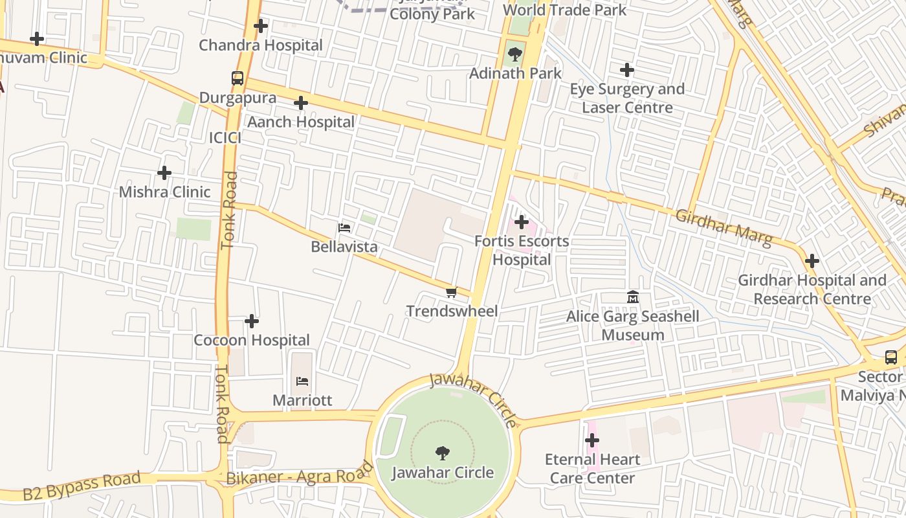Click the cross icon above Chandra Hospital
tap(261, 26)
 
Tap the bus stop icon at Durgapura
tap(238, 78)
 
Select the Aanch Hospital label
tap(301, 122)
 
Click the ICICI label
tap(225, 138)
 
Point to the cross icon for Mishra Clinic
tap(164, 173)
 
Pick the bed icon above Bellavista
tap(344, 228)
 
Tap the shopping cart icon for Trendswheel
tap(452, 293)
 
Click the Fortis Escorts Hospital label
tap(522, 251)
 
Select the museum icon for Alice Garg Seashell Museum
tap(633, 297)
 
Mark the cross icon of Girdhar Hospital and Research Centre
tap(812, 262)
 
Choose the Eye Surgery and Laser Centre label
tap(627, 98)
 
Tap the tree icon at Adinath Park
tap(514, 54)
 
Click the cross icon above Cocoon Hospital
tap(252, 321)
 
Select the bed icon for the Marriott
tap(302, 381)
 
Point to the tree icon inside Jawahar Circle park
tap(443, 453)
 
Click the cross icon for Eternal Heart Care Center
tap(592, 441)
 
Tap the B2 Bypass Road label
tap(82, 486)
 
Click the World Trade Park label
tap(564, 10)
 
